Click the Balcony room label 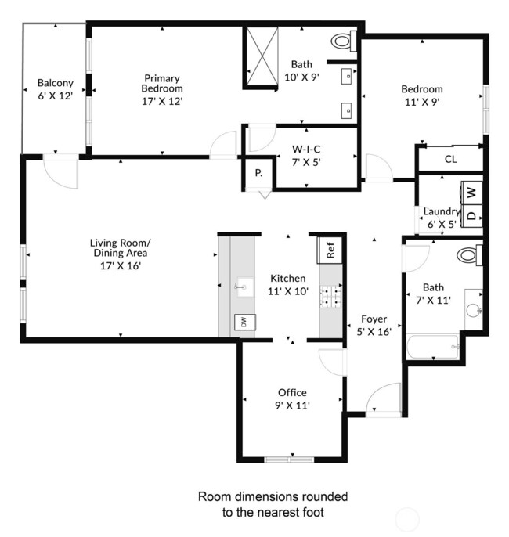coord(55,83)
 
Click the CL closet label coord(450,160)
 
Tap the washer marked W coord(471,191)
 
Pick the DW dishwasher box coord(244,322)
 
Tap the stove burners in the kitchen coord(331,298)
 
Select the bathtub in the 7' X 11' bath coord(432,348)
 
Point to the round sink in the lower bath coord(472,309)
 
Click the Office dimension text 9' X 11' coord(293,405)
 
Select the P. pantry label coord(258,173)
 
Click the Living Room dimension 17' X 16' coord(120,265)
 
